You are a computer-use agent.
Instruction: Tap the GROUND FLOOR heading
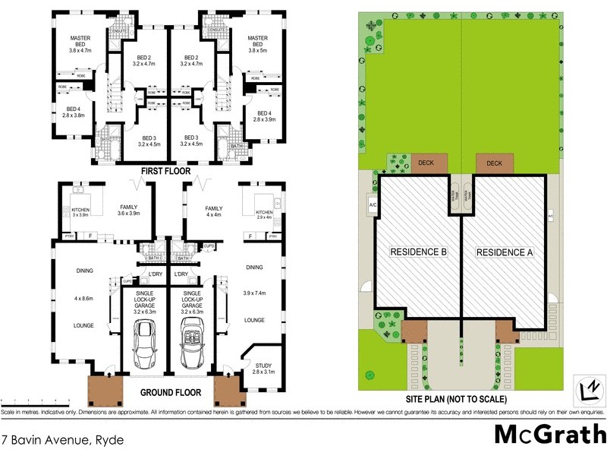(170, 393)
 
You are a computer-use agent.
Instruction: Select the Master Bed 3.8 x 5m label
(258, 47)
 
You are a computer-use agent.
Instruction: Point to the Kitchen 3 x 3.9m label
(80, 212)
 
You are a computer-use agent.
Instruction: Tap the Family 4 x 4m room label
(214, 212)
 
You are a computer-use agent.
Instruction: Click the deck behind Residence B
(429, 163)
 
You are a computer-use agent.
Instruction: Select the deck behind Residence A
(494, 163)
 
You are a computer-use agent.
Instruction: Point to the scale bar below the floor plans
(30, 400)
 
